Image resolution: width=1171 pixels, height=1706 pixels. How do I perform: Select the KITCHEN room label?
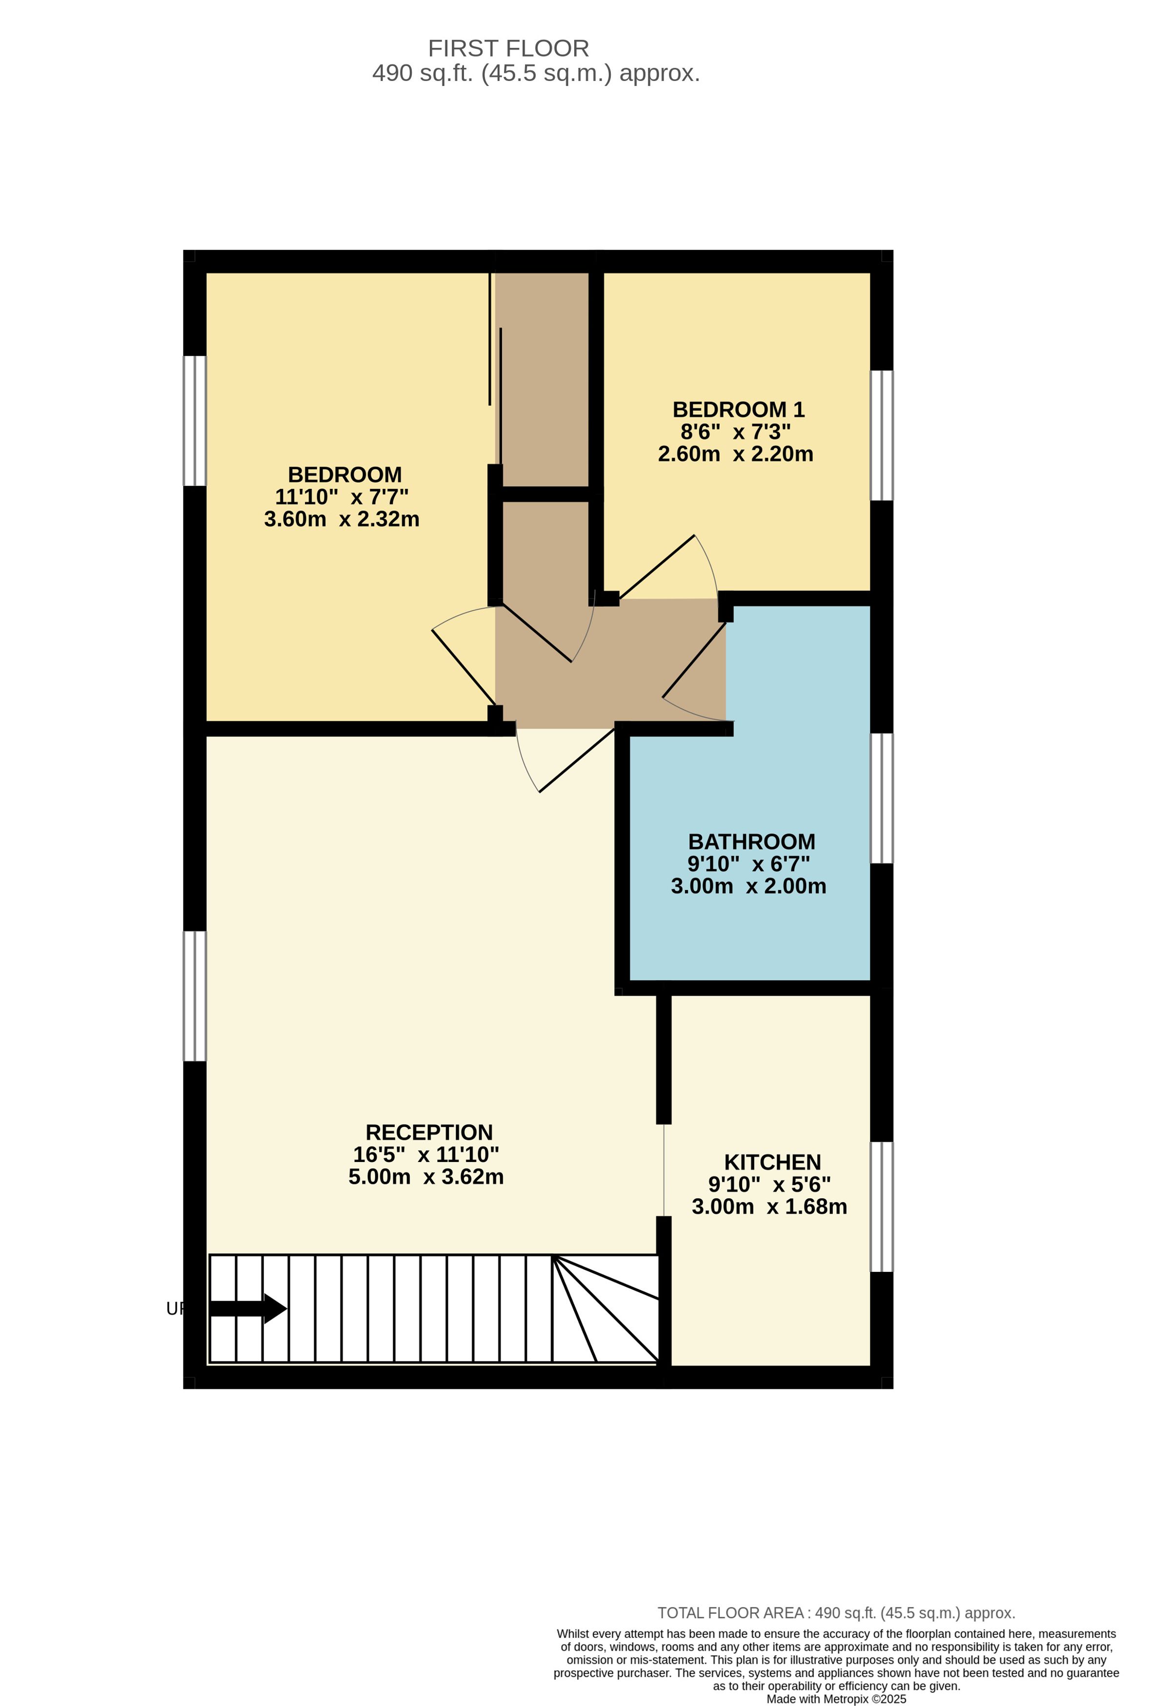coord(772,1162)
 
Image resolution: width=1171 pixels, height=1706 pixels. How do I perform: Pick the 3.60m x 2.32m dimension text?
coord(342,519)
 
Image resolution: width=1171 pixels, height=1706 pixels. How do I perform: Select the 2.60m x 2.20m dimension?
coord(736,454)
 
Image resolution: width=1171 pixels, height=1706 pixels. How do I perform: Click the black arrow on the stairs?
coord(248,1308)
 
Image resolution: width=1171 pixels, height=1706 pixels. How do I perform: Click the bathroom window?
coord(882,798)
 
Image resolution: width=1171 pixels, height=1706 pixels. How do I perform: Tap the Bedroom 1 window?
coord(882,435)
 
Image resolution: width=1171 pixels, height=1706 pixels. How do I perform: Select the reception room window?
coord(195,996)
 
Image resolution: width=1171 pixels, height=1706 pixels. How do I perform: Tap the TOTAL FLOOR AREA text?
coord(836,1613)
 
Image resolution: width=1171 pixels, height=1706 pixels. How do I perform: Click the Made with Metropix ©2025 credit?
coord(836,1699)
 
